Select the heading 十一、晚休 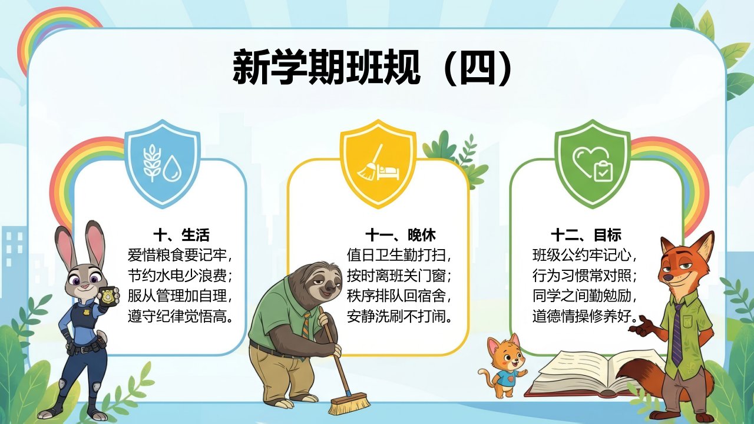click(x=401, y=235)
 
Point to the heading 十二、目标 click(x=586, y=235)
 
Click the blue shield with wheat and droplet click(x=163, y=163)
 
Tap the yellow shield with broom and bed click(x=378, y=163)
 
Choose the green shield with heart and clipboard click(x=593, y=163)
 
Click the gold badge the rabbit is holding click(x=108, y=296)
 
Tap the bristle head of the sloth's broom click(x=349, y=403)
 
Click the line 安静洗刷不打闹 click(x=399, y=316)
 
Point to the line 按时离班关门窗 click(x=399, y=276)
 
